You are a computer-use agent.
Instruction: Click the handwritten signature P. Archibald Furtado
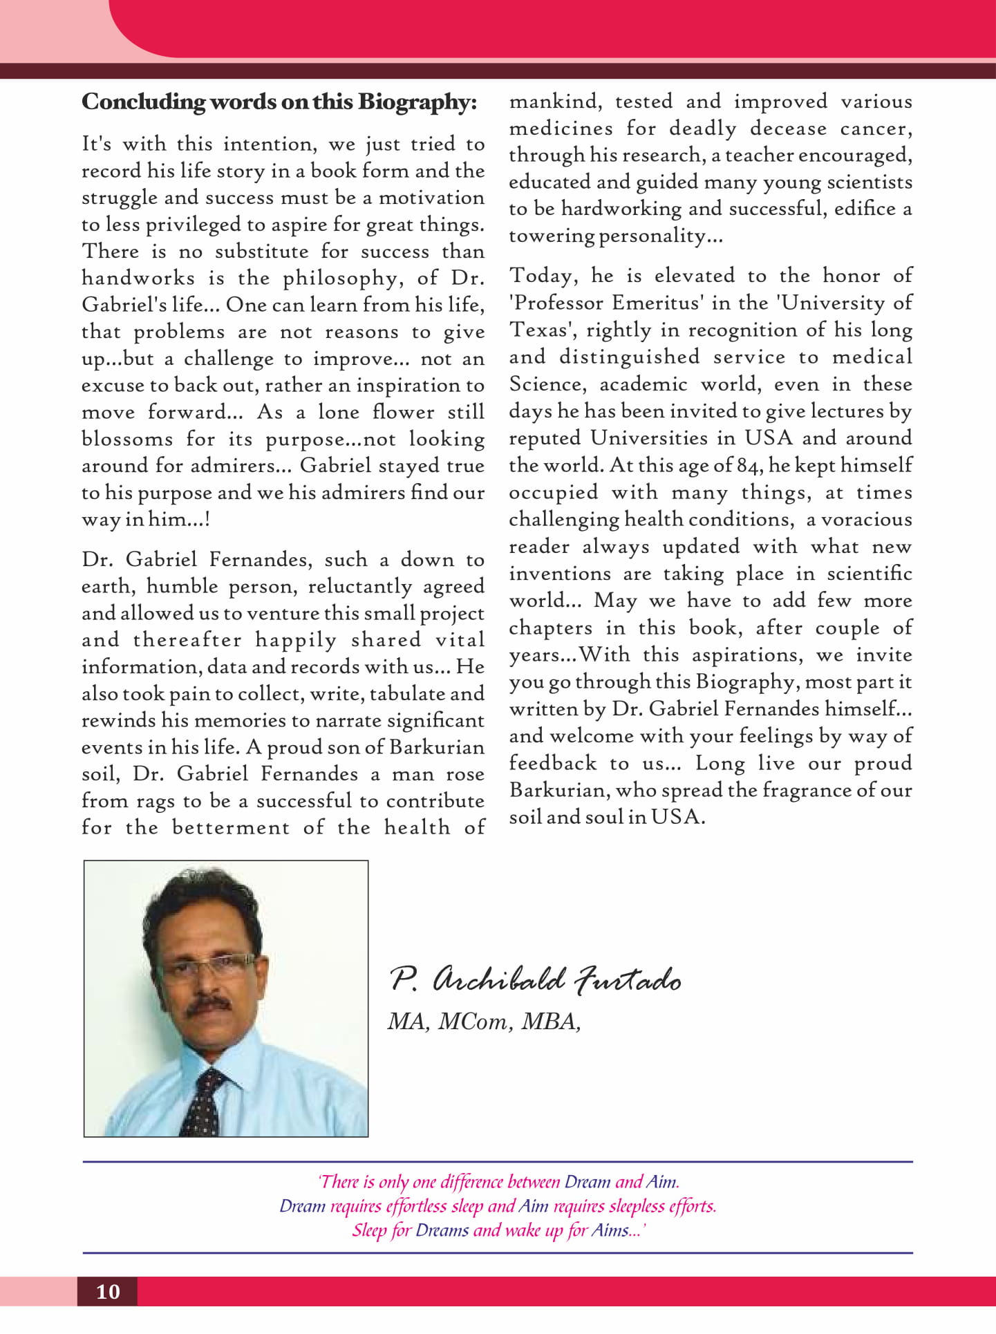(536, 979)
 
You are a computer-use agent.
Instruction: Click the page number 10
(108, 1291)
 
